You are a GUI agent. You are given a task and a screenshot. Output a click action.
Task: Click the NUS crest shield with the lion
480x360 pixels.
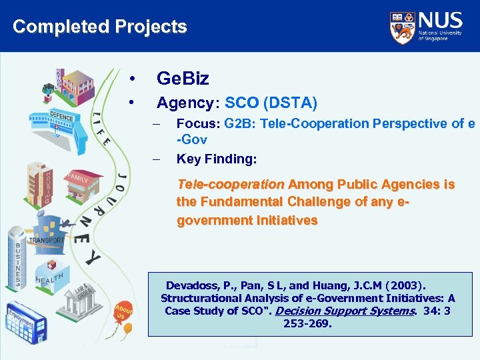point(401,26)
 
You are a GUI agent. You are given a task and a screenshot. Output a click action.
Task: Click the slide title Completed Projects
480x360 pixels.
point(100,27)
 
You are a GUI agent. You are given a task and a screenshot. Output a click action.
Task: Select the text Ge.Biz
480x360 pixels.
point(183,79)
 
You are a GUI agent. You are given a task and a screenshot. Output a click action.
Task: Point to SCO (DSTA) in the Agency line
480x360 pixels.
point(271,103)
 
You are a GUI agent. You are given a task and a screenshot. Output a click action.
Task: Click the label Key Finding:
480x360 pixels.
point(216,159)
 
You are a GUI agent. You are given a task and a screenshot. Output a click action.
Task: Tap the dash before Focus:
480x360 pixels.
point(157,124)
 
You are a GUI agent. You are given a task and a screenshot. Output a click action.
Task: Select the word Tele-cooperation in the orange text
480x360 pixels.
point(231,184)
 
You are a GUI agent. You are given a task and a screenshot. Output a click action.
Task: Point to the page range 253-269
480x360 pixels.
point(307,324)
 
